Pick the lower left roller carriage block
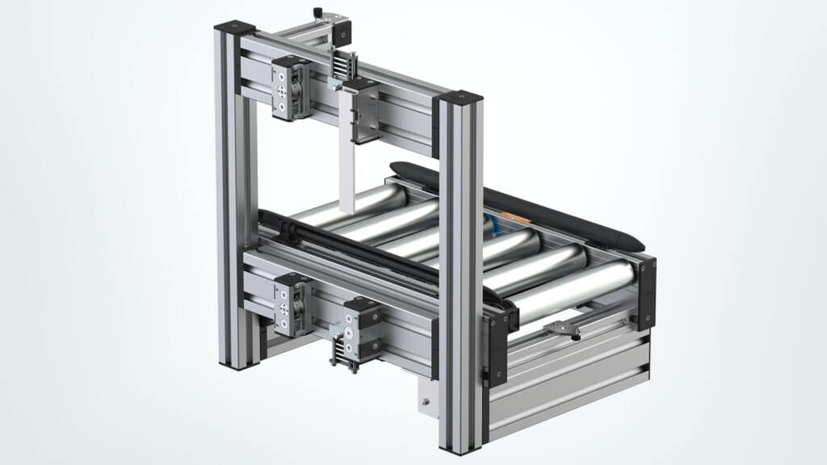tap(292, 304)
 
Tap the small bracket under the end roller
tap(563, 327)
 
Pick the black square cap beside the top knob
tap(342, 32)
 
